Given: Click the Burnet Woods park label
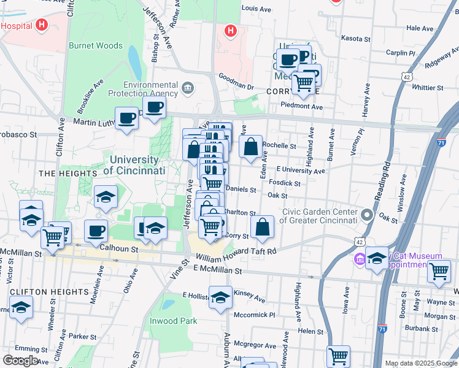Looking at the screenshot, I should coord(95,45).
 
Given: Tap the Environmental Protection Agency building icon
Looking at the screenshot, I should coord(188,90).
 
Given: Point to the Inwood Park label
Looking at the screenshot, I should coord(174,321).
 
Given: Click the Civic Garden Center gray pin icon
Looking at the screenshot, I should coord(367,215).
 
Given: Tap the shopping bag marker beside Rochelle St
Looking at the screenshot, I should coord(250,147).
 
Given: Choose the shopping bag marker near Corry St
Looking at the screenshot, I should coord(262,227).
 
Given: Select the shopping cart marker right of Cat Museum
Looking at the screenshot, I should coord(439,270).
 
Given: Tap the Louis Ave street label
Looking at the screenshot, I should coord(256,9).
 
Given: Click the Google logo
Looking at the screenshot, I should coord(20,360).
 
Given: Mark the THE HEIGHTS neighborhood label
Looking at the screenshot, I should coord(60,174).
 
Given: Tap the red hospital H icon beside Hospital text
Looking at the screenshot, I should coord(41,25).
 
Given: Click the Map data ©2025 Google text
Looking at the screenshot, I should coord(420,363).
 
